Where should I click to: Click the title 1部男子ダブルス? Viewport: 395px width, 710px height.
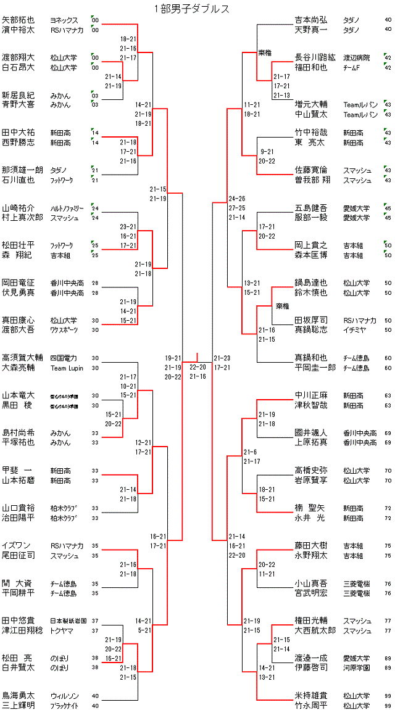click(x=192, y=9)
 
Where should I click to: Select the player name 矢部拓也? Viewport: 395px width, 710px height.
click(x=18, y=20)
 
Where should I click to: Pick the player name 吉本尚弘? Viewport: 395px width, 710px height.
click(x=311, y=20)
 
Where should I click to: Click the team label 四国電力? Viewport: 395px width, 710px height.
click(x=63, y=358)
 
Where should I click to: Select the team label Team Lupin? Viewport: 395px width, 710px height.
click(x=66, y=368)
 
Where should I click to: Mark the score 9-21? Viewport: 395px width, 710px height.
click(x=267, y=151)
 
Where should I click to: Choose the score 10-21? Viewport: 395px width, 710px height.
click(x=129, y=386)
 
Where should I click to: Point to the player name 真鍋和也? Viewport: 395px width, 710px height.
click(x=311, y=358)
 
